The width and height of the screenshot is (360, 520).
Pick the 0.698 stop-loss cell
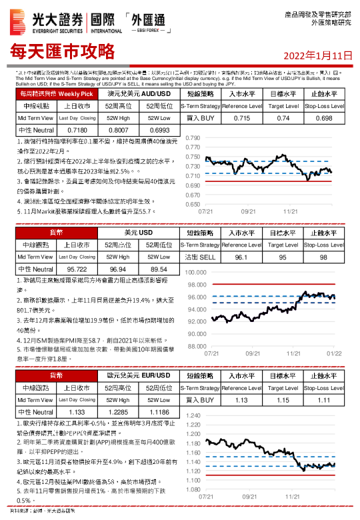324,118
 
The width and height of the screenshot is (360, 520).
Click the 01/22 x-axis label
334,353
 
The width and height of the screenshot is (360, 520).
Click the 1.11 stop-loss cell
324,401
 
